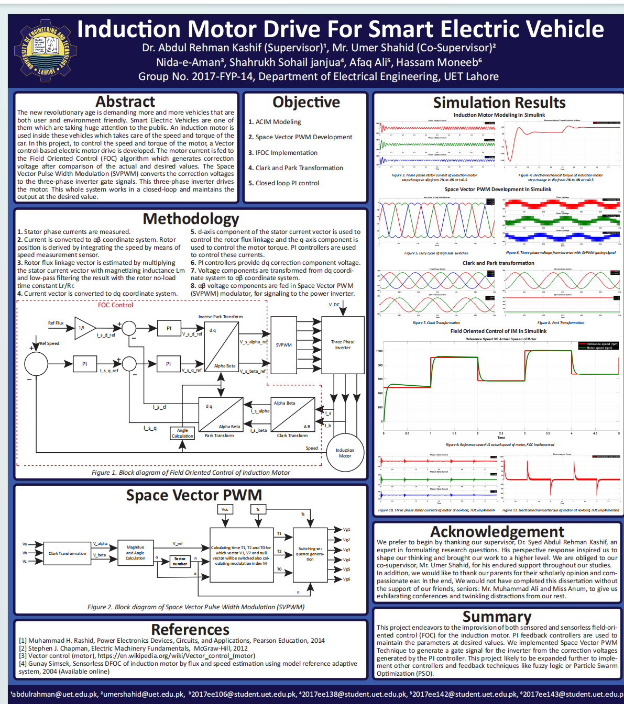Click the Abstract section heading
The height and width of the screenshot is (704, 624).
point(125,101)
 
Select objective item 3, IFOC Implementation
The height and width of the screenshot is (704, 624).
point(286,152)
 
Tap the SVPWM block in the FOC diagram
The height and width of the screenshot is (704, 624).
point(283,345)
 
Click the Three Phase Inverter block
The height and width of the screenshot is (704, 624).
point(343,344)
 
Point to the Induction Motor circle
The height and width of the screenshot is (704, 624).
point(344,453)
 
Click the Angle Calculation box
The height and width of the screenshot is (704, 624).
point(182,433)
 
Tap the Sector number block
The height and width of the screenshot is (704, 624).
point(180,561)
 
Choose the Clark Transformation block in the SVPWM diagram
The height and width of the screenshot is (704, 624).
point(67,553)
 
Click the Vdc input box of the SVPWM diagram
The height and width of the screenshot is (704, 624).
point(225,509)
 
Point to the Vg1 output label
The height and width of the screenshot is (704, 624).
point(346,529)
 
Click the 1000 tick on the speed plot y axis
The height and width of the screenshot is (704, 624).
point(379,351)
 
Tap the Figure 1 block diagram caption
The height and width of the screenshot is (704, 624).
point(191,472)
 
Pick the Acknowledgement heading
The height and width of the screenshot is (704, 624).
point(497,532)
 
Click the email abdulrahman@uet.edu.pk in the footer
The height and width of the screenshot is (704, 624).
point(54,694)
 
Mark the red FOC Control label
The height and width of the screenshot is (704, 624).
point(115,305)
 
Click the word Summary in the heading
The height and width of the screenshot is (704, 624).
point(497,617)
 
